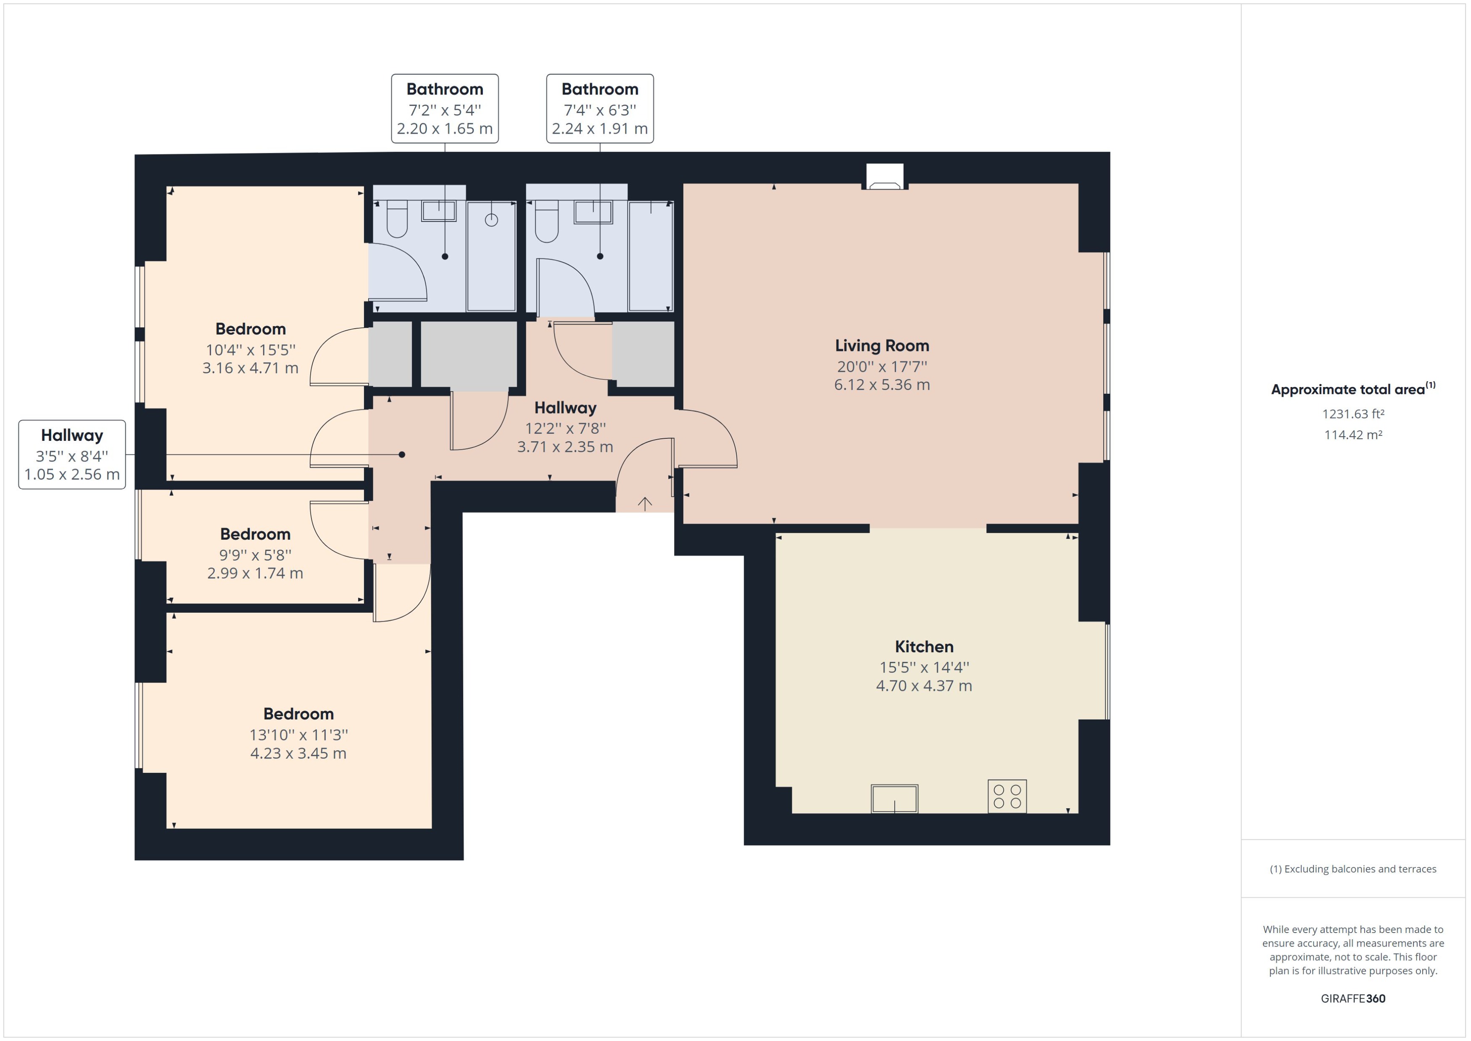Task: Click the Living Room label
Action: tap(881, 345)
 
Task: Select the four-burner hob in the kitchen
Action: tap(1007, 796)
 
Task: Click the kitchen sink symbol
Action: tap(894, 799)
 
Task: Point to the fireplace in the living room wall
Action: tap(885, 177)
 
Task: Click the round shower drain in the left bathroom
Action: tap(492, 220)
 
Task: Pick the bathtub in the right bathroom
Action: tap(651, 256)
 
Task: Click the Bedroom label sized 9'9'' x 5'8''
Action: tap(255, 534)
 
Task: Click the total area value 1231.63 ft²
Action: tap(1352, 414)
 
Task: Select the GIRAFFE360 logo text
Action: tap(1352, 998)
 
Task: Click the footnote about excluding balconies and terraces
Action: tap(1352, 869)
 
